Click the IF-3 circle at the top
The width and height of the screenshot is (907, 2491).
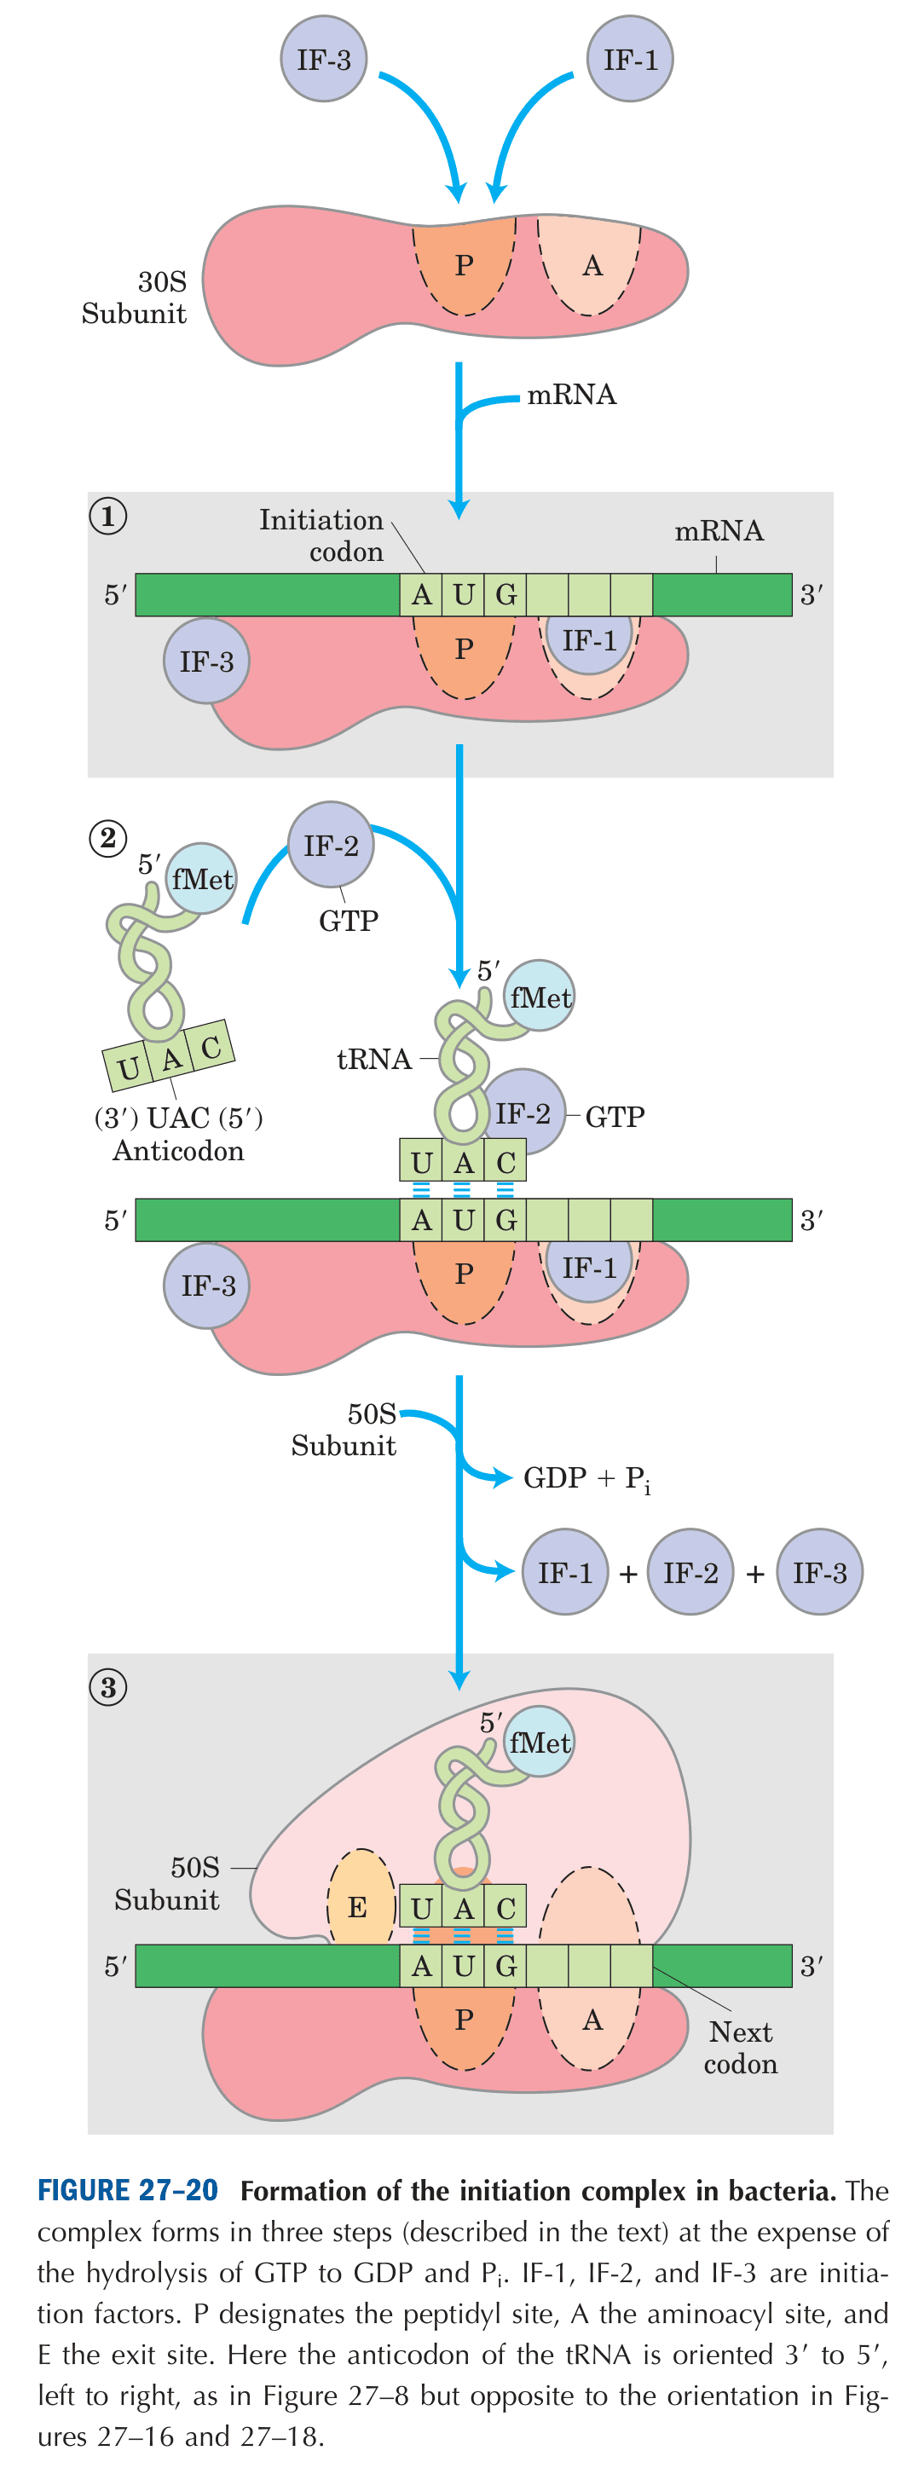[x=323, y=59]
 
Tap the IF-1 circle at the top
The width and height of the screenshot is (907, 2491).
[x=629, y=59]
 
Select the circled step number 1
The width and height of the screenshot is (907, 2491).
[x=107, y=516]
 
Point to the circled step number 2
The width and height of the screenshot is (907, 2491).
[x=107, y=837]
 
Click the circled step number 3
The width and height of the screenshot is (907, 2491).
[x=107, y=1687]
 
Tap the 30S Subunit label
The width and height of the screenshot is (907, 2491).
[x=136, y=297]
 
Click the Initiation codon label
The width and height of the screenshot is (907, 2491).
[x=323, y=535]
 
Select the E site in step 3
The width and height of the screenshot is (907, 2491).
[x=358, y=1906]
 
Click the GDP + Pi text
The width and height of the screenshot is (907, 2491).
[x=586, y=1478]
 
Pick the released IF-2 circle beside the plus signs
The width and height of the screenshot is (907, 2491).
[x=690, y=1571]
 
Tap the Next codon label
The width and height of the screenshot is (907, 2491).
[x=740, y=2047]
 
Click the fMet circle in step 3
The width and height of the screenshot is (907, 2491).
[x=540, y=1743]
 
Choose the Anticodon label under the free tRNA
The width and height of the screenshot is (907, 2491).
[x=179, y=1151]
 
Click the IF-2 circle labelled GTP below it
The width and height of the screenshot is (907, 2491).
[x=331, y=845]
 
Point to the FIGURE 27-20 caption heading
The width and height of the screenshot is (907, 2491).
[x=128, y=2191]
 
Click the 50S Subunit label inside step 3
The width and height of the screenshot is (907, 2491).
[x=167, y=1883]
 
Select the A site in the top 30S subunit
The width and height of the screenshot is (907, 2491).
[x=592, y=265]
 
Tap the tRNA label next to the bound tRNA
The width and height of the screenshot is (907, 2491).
[x=373, y=1060]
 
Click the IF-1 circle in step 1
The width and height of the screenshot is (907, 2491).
[x=588, y=639]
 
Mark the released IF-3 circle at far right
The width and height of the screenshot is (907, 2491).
[x=819, y=1571]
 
